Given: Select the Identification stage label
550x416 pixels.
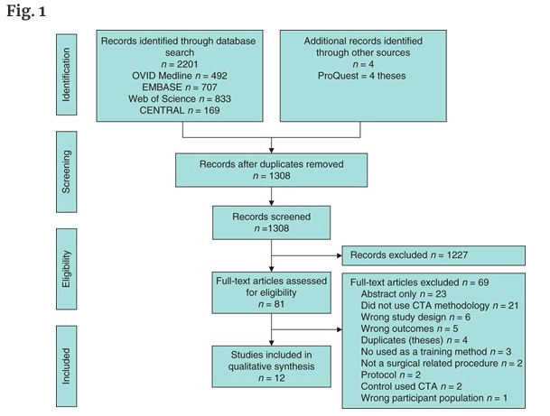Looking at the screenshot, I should click(x=66, y=74).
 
